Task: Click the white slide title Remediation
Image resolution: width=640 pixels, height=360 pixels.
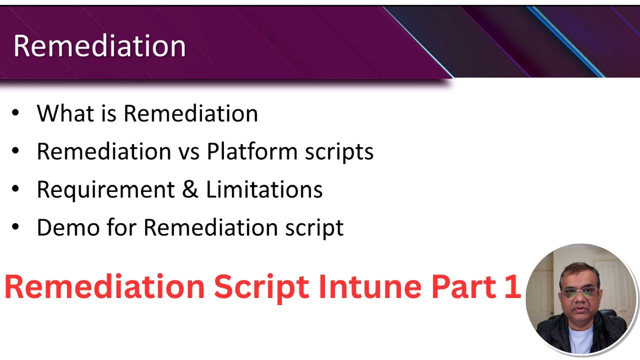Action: [x=99, y=46]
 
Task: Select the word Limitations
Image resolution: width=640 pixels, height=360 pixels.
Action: [x=264, y=189]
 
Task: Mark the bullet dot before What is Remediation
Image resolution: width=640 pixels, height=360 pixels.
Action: [x=15, y=113]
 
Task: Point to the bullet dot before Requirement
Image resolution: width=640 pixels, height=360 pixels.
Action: [x=15, y=189]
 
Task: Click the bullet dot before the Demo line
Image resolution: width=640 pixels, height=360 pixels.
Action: [x=15, y=227]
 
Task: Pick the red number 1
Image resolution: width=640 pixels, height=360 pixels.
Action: [x=512, y=287]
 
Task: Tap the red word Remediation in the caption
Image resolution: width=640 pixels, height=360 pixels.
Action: [x=104, y=287]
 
